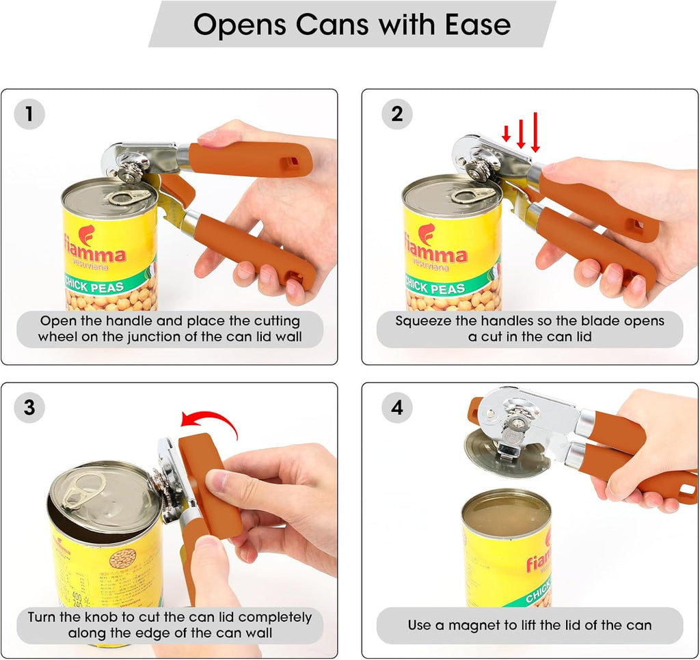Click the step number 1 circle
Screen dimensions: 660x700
29,114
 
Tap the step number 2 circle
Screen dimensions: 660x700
396,114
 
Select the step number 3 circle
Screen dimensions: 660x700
29,408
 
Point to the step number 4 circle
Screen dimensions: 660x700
396,408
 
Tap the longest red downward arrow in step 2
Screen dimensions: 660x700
535,133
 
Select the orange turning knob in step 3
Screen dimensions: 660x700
211,485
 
